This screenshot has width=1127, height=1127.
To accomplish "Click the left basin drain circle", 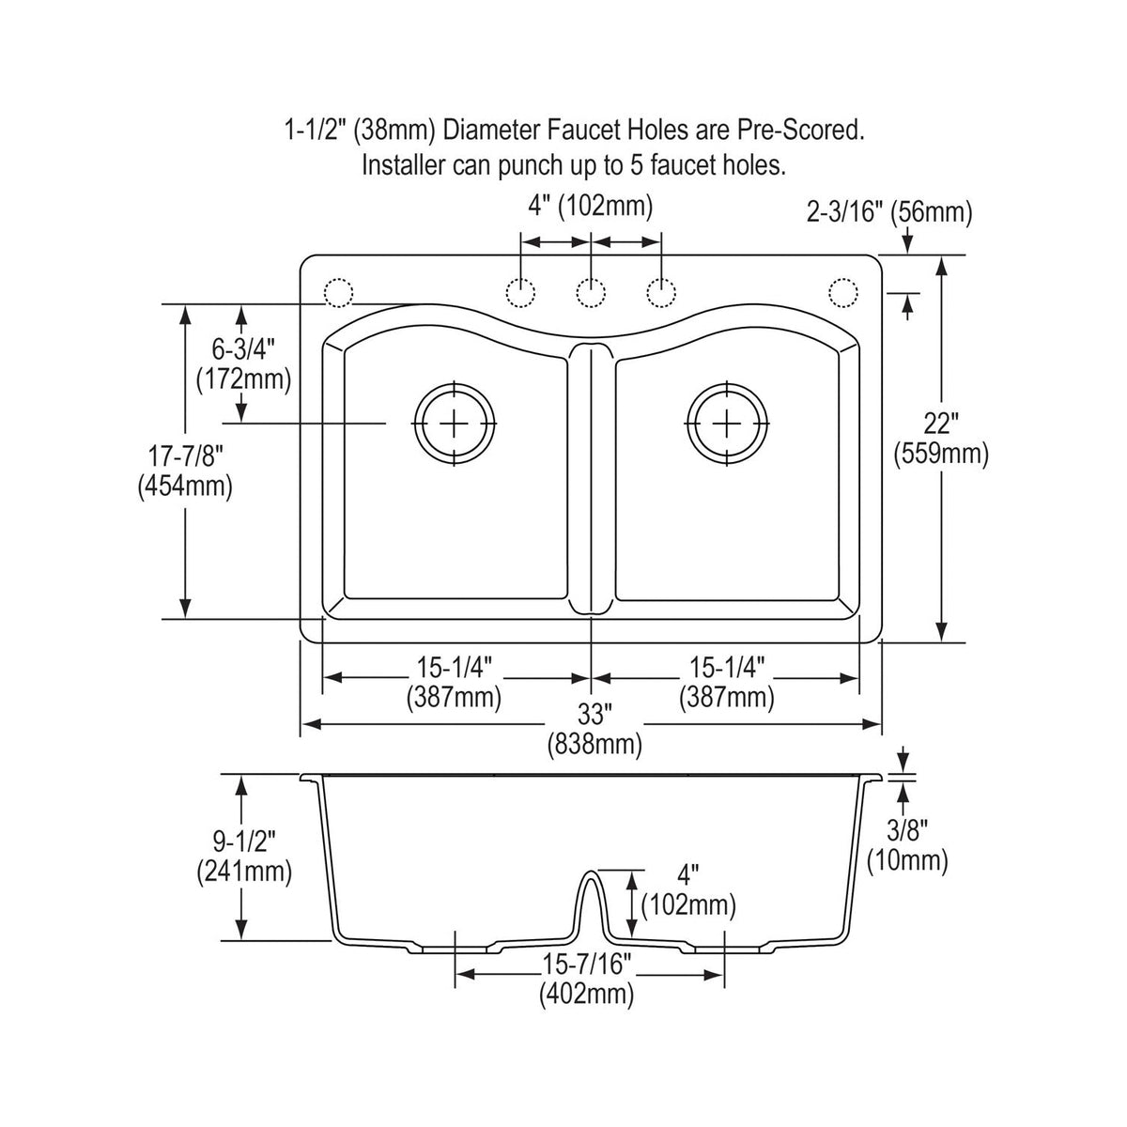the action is (x=455, y=383).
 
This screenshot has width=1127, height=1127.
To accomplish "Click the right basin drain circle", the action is (x=726, y=383).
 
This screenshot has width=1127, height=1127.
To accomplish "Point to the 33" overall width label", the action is (x=594, y=715).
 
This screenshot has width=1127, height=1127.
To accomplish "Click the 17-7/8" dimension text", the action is (x=185, y=455).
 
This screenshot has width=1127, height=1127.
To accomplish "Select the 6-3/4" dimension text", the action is (x=243, y=349).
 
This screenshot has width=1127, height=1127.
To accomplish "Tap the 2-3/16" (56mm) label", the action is (x=889, y=213).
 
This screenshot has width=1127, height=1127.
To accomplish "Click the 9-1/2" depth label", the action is (x=243, y=841).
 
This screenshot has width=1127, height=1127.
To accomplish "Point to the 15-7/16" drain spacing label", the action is (x=587, y=964).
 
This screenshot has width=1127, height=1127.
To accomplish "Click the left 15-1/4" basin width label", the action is (x=455, y=668).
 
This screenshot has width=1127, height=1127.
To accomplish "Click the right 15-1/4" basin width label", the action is (x=727, y=668).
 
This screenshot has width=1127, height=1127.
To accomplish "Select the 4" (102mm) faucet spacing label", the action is (x=591, y=207).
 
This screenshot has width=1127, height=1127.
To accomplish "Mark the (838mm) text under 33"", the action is (x=594, y=745).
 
